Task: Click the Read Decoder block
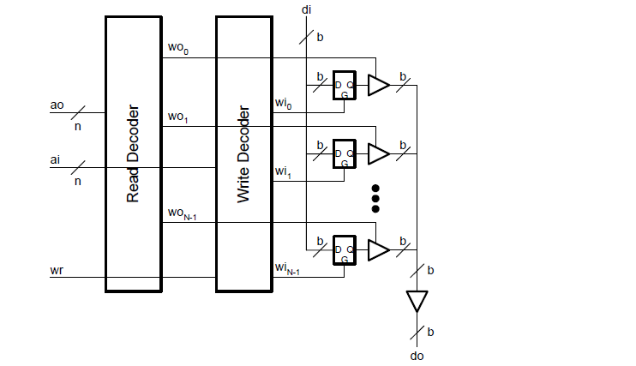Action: (x=133, y=154)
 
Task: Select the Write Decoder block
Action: (x=244, y=154)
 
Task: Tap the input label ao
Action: (x=57, y=105)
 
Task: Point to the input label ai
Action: (x=57, y=159)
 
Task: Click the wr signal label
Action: (x=57, y=271)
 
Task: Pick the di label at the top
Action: (x=306, y=9)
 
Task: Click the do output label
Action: (x=417, y=355)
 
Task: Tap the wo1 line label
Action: (x=178, y=117)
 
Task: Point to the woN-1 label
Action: (x=183, y=214)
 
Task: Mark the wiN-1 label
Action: (x=287, y=269)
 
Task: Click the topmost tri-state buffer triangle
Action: (x=377, y=84)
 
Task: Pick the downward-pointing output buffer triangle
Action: (x=417, y=301)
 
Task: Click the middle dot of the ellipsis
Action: (x=375, y=198)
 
